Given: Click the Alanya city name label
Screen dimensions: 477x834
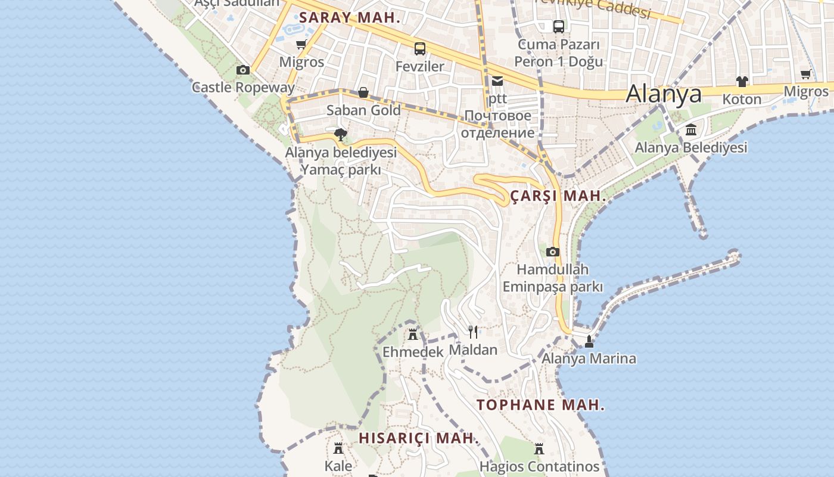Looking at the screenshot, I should tap(664, 94).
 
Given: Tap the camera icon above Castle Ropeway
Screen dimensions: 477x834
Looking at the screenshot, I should tap(243, 70).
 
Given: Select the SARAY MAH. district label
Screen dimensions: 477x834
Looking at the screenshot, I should tap(350, 18).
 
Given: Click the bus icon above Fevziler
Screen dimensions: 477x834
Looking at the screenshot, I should tap(420, 48).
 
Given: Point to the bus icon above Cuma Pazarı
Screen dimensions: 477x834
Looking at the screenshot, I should tap(558, 26).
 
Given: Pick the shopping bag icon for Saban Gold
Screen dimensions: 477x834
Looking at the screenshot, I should tap(363, 92).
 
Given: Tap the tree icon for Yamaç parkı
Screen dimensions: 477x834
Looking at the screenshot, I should tap(340, 134).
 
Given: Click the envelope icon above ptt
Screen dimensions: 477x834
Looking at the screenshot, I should tap(497, 81).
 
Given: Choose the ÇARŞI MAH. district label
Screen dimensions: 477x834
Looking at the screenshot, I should tap(558, 196).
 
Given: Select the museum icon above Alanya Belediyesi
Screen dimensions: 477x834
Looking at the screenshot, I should tap(691, 129).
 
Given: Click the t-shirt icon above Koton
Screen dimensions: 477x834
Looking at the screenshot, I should tap(742, 81).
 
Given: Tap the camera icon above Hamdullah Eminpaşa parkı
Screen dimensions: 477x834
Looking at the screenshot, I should tap(553, 252).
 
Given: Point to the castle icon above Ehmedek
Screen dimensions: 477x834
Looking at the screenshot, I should tap(413, 334).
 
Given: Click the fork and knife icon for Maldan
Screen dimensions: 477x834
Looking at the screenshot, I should tap(473, 332).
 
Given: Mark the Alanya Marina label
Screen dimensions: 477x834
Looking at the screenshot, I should tap(589, 358).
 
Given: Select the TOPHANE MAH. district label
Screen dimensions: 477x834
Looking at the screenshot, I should tap(540, 405).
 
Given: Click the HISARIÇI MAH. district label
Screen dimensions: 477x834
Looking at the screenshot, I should tap(418, 438).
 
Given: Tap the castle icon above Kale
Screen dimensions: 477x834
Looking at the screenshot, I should tap(338, 448).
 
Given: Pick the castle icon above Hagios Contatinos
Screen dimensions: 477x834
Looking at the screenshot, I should tap(539, 448).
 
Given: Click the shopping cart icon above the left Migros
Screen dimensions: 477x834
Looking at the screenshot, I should tap(301, 45).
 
